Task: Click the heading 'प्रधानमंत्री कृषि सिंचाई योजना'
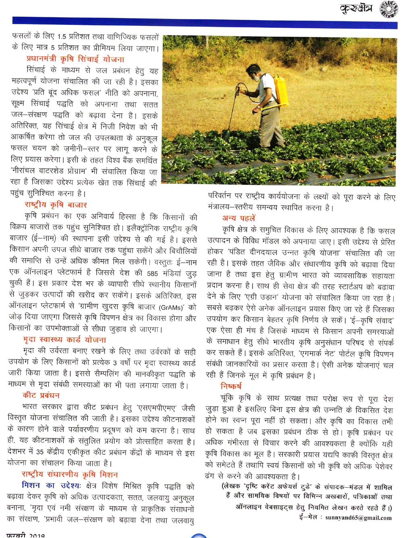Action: tap(75, 59)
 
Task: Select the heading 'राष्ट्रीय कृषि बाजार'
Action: tap(56, 205)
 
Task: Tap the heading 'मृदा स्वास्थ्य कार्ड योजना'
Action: tap(64, 340)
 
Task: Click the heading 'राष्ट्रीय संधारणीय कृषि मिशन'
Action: tap(70, 474)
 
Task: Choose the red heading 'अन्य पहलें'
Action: tap(239, 218)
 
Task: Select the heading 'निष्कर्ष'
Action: tap(231, 386)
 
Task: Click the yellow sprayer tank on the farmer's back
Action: tap(281, 91)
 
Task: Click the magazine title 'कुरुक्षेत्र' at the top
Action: tap(356, 8)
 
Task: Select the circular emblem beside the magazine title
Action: tap(389, 8)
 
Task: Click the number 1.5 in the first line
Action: tap(62, 37)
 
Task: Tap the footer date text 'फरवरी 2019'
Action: tap(26, 535)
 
